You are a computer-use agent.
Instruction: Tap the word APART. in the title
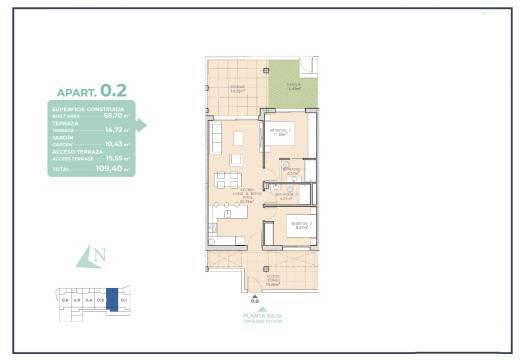point(78,91)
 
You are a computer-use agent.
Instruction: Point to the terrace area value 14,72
point(112,129)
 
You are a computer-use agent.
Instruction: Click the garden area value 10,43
point(112,143)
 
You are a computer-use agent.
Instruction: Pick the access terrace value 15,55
point(112,156)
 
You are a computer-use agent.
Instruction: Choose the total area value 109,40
point(110,170)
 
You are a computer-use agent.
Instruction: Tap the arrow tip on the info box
point(145,125)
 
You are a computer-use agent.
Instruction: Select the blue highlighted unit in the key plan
point(112,299)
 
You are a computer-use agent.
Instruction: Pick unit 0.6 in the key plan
point(65,299)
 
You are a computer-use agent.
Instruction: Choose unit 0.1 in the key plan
point(124,299)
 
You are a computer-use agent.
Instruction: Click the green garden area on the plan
point(293,87)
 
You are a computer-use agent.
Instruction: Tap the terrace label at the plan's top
point(238,88)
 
